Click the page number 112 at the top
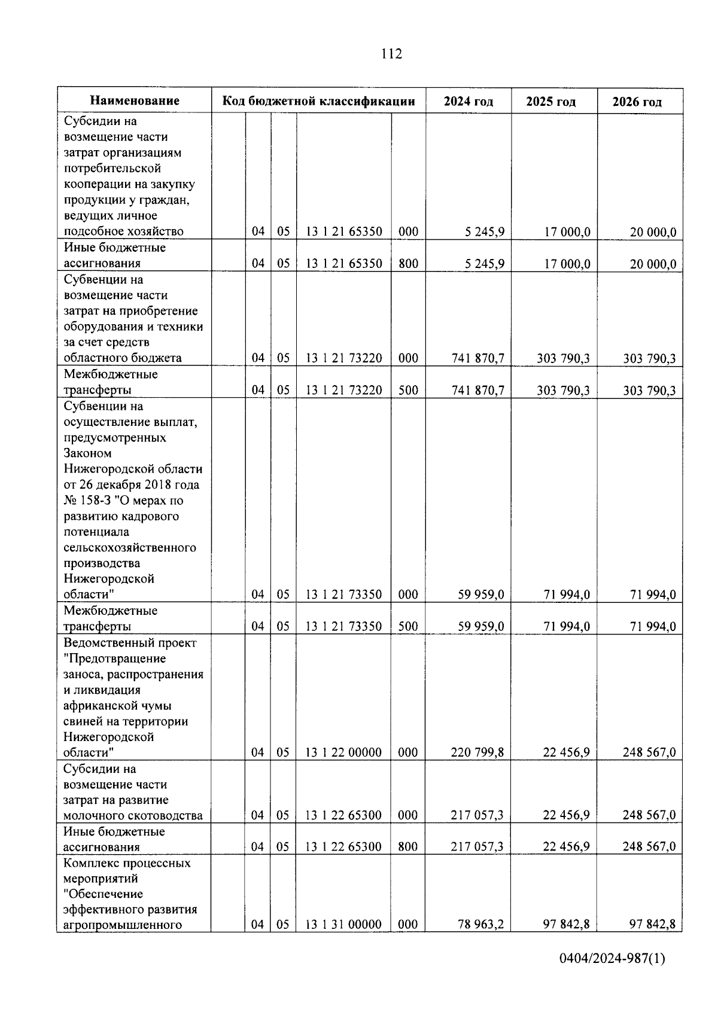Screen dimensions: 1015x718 (391, 54)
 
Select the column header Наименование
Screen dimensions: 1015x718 (135, 101)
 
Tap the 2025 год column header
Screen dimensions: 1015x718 (550, 102)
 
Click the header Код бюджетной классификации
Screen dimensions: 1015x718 (318, 101)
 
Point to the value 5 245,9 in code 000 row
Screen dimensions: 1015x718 (484, 232)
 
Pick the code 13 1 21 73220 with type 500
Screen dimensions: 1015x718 (343, 391)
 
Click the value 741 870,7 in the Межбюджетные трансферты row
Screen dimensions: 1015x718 (477, 391)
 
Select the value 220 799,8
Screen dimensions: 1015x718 (477, 752)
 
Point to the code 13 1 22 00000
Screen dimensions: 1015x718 (343, 752)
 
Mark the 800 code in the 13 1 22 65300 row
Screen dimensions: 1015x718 (408, 847)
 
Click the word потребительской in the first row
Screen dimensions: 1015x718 (112, 169)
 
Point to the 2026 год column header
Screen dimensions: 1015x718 (637, 102)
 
